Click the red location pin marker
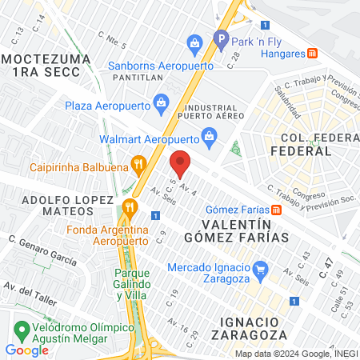point(181,162)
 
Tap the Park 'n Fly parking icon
point(222,38)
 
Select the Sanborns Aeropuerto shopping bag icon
point(194,42)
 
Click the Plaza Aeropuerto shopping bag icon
point(162,102)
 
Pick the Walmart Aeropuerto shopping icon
point(209,136)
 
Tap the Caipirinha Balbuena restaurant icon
point(139,167)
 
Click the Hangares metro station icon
point(313,54)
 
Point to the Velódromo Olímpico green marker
point(22,329)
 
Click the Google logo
point(26,350)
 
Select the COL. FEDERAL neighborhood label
point(301,143)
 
